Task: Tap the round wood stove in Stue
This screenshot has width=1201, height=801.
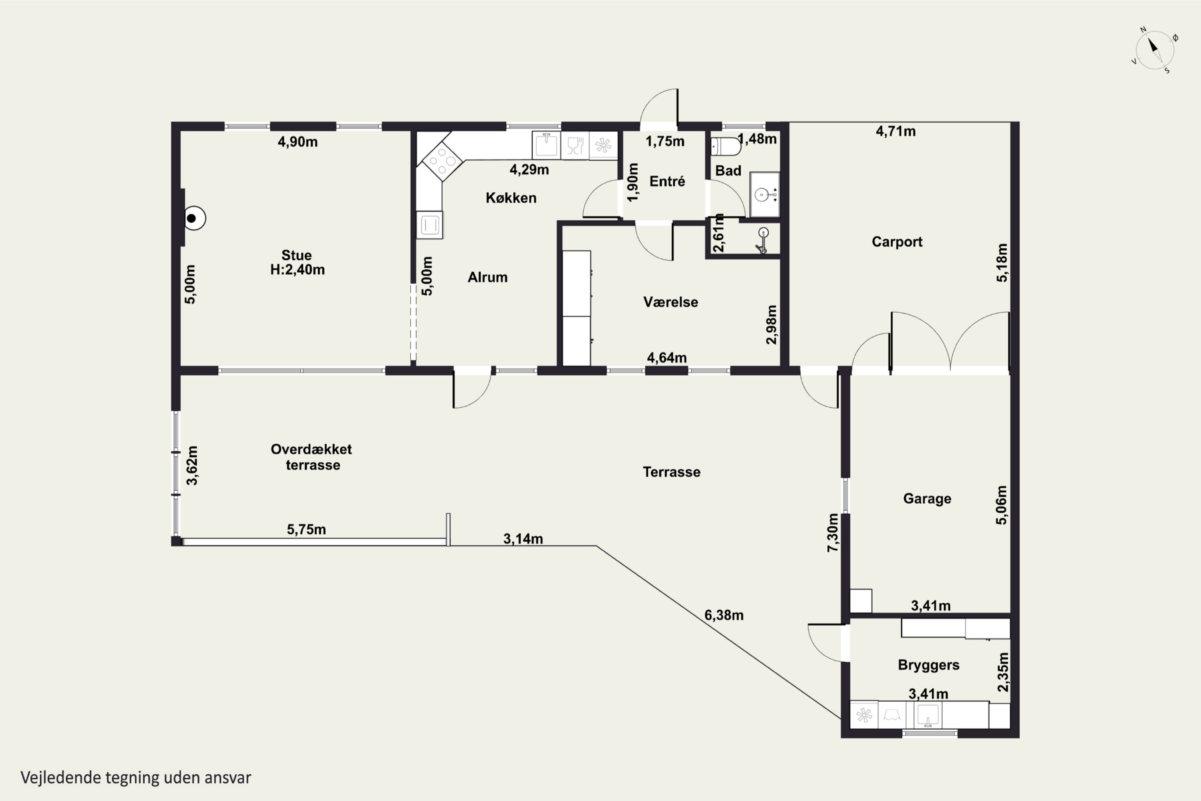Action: pyautogui.click(x=193, y=219)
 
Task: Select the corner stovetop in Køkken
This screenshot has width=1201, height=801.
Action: pyautogui.click(x=442, y=161)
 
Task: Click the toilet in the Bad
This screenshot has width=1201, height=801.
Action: pyautogui.click(x=725, y=147)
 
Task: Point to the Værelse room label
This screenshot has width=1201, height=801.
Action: pyautogui.click(x=671, y=302)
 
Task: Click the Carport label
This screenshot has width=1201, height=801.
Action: pyautogui.click(x=897, y=242)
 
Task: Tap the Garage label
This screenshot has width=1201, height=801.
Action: pyautogui.click(x=927, y=499)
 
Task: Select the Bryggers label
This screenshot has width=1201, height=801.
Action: pyautogui.click(x=928, y=665)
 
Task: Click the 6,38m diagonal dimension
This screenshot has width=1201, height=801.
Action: pyautogui.click(x=723, y=615)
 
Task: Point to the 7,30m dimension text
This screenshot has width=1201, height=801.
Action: pyautogui.click(x=833, y=532)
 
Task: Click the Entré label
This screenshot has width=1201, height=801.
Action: pyautogui.click(x=667, y=181)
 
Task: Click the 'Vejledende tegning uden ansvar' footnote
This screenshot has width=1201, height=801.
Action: pyautogui.click(x=136, y=777)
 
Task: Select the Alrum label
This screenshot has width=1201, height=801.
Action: pyautogui.click(x=488, y=278)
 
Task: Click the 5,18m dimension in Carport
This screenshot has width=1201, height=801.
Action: pyautogui.click(x=1002, y=263)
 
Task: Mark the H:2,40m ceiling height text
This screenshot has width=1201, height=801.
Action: pyautogui.click(x=297, y=270)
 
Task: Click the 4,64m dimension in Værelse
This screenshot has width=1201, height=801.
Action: pyautogui.click(x=667, y=358)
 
